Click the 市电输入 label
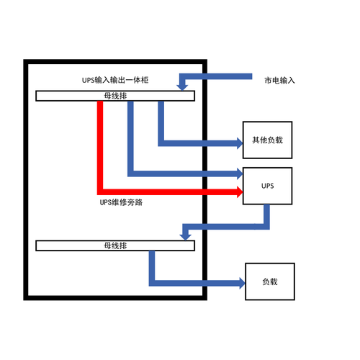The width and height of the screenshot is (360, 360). (279, 80)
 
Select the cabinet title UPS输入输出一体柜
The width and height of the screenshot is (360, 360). (115, 80)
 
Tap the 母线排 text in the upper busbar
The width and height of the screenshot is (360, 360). (115, 96)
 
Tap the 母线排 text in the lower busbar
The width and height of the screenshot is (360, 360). (115, 246)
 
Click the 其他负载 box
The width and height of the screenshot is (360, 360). (267, 140)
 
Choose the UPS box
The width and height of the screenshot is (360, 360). (267, 186)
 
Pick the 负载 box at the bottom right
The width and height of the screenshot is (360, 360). (270, 282)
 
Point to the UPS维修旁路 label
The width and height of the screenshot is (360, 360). (121, 202)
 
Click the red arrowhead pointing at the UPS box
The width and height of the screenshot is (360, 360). (240, 192)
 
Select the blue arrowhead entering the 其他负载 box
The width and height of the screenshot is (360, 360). (240, 143)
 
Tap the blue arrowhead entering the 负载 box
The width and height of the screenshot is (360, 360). (243, 283)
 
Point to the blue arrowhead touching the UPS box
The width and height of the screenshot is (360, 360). (240, 174)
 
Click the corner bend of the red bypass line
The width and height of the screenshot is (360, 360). (100, 192)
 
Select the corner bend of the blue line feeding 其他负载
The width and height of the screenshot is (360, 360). (161, 143)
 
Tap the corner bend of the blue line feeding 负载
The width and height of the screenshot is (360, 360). (152, 283)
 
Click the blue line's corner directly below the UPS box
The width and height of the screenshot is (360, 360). (266, 227)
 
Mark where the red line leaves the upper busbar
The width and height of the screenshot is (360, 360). (100, 102)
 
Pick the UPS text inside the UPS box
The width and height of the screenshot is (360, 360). (267, 186)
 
